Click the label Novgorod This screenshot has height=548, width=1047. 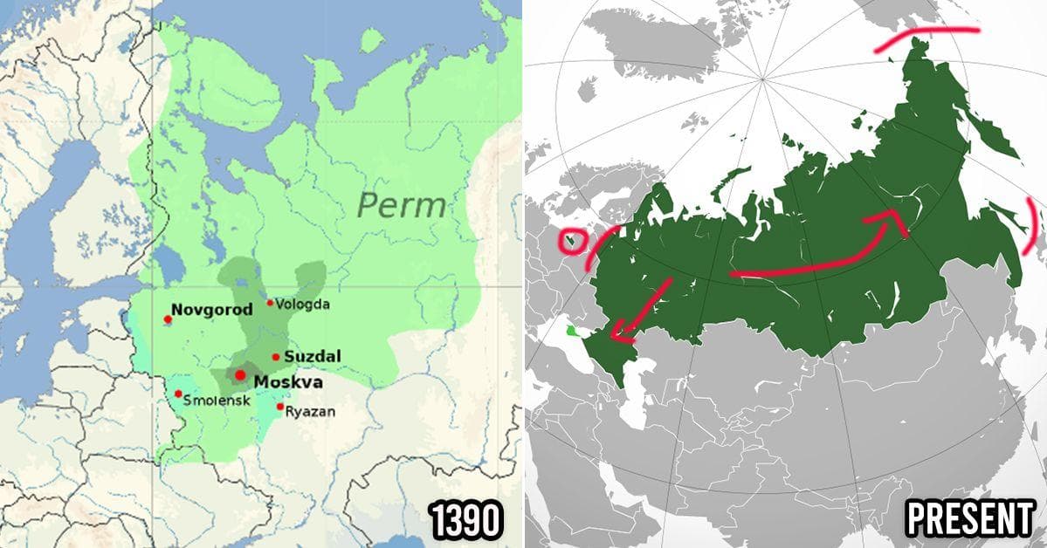pyautogui.click(x=211, y=309)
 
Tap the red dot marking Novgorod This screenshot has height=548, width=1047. pyautogui.click(x=168, y=319)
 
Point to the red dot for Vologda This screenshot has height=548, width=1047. pyautogui.click(x=270, y=304)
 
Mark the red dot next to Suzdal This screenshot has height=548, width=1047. pyautogui.click(x=276, y=357)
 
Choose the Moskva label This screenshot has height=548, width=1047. pyautogui.click(x=287, y=382)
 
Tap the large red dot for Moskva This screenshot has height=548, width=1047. pyautogui.click(x=240, y=374)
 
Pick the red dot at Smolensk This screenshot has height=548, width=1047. pyautogui.click(x=178, y=394)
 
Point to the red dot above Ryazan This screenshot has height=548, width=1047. pyautogui.click(x=280, y=407)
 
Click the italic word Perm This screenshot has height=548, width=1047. pyautogui.click(x=402, y=206)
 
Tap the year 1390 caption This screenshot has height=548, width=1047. pyautogui.click(x=467, y=521)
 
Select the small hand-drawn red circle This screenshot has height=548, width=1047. pyautogui.click(x=572, y=241)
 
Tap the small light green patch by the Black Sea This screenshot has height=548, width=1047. pyautogui.click(x=572, y=331)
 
